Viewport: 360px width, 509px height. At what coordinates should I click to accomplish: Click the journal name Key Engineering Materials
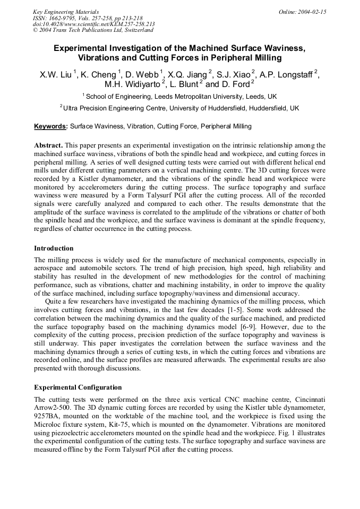pyautogui.click(x=66, y=12)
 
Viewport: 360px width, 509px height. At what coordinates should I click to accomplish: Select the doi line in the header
pyautogui.click(x=93, y=24)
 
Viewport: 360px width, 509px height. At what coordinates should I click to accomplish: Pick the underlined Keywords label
pyautogui.click(x=50, y=126)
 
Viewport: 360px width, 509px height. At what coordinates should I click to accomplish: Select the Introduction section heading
pyautogui.click(x=54, y=248)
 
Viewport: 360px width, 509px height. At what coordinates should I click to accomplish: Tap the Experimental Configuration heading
pyautogui.click(x=78, y=387)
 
